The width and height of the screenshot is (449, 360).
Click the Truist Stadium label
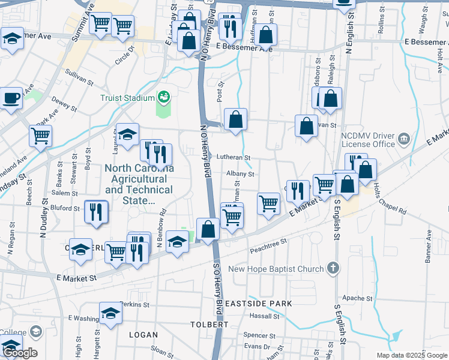click(x=127, y=98)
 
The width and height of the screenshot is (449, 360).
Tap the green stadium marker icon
click(x=163, y=97)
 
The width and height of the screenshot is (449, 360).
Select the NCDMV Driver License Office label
click(x=368, y=139)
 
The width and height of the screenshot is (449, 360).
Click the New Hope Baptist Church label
click(x=277, y=269)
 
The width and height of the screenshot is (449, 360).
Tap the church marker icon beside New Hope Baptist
click(x=334, y=269)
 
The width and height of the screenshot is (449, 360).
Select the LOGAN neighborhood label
click(x=143, y=335)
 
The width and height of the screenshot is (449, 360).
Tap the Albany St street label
click(x=241, y=174)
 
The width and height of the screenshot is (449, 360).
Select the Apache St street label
click(x=357, y=298)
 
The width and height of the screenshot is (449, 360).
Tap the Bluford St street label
click(x=68, y=209)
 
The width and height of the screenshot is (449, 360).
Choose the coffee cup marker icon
click(x=11, y=97)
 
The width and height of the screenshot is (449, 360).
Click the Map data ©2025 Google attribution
click(x=412, y=355)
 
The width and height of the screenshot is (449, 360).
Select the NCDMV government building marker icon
click(x=405, y=140)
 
